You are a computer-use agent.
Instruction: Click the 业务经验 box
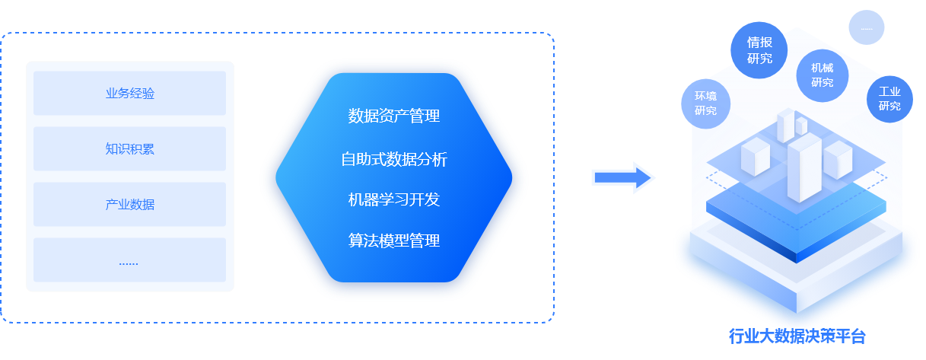pos(129,93)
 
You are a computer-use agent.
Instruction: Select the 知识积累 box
pos(129,148)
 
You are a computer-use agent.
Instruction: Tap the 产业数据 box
pos(129,204)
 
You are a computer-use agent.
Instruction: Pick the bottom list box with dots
pos(129,260)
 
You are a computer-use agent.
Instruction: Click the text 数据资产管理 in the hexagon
pos(393,116)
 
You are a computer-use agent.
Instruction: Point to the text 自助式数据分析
pos(393,159)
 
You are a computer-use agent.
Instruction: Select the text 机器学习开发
pos(393,200)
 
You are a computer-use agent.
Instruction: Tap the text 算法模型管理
pos(393,241)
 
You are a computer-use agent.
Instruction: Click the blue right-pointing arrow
pos(623,178)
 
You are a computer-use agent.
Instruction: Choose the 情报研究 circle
pos(759,49)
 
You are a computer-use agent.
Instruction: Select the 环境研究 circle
pos(705,104)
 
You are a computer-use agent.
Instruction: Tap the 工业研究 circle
pos(889,98)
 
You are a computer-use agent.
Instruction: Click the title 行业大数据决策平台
pos(797,336)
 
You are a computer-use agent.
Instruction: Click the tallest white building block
pos(804,169)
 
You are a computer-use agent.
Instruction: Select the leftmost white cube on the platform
pos(756,156)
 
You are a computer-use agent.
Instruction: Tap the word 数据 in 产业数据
pos(142,204)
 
